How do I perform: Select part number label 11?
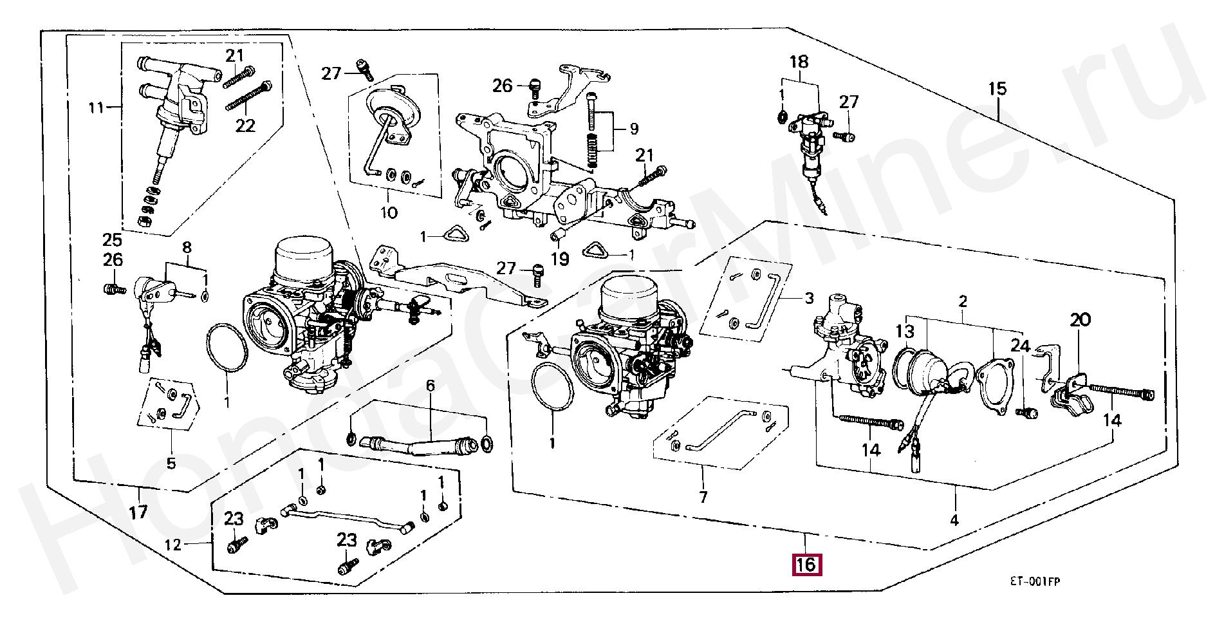[96, 107]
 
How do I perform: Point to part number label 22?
[245, 125]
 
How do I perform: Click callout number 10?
[389, 212]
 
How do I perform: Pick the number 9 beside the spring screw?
[634, 129]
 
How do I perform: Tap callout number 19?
[560, 259]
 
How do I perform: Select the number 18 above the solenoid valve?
[799, 62]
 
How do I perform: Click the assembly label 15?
[997, 88]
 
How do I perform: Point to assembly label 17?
[138, 512]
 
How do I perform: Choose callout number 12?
[173, 545]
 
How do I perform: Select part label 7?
[703, 497]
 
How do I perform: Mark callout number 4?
[954, 520]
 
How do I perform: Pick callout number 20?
[1081, 319]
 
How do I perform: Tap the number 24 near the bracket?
[1020, 346]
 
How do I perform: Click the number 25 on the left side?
[112, 240]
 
